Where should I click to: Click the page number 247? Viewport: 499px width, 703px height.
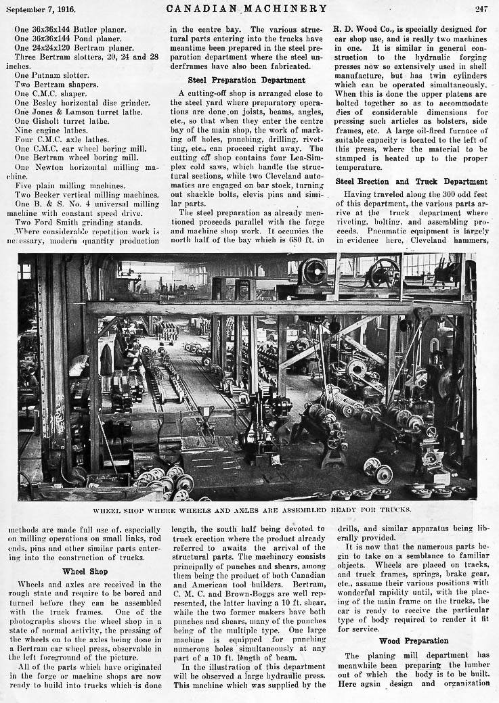click(x=481, y=9)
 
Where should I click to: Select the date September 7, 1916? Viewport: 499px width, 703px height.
click(x=41, y=9)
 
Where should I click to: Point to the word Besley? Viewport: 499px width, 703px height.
click(x=46, y=100)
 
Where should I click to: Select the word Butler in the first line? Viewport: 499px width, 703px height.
click(x=97, y=30)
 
